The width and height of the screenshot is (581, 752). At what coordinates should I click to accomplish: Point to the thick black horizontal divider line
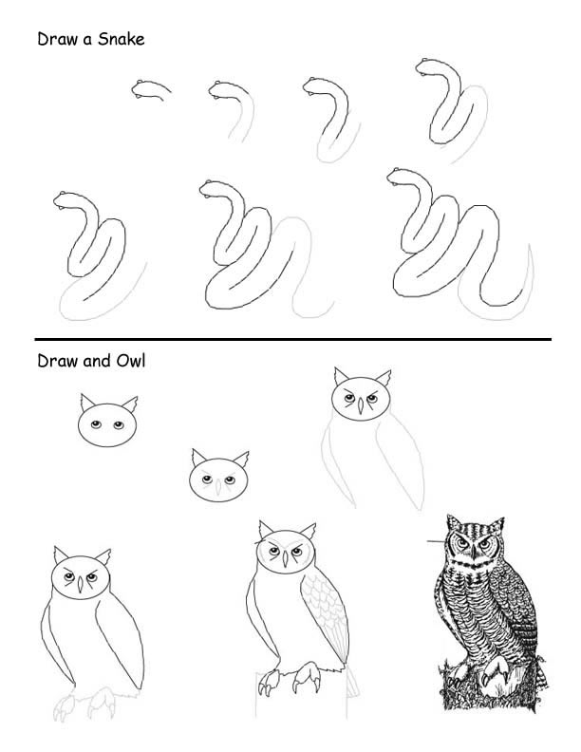(292, 339)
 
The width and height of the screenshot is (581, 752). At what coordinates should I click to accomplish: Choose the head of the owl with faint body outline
(360, 396)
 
